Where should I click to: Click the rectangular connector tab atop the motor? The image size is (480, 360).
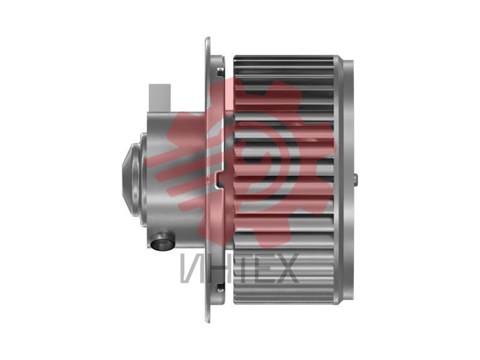(160, 98)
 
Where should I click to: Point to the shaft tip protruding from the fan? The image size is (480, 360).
(355, 180)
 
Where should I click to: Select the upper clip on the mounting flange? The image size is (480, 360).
(220, 72)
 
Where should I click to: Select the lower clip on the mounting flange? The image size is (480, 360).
(220, 287)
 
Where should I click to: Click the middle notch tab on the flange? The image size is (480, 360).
(220, 180)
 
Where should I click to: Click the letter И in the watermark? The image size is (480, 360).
(192, 268)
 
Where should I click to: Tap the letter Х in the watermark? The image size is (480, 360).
(287, 268)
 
